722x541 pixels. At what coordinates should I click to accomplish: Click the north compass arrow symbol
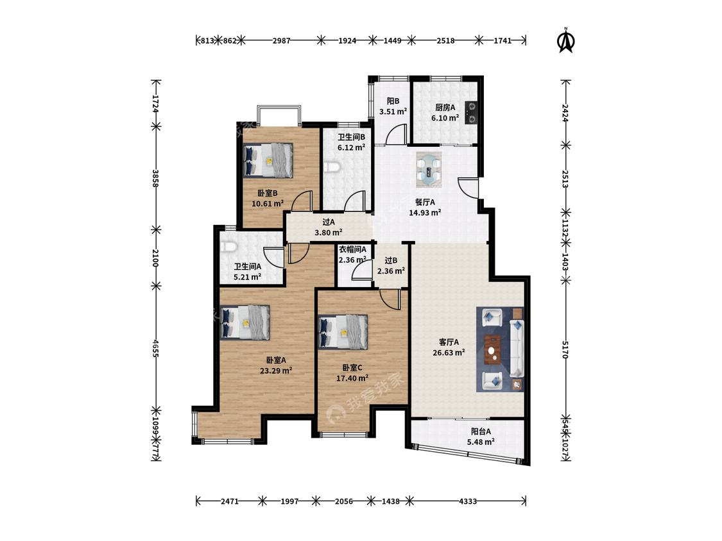pos(566,40)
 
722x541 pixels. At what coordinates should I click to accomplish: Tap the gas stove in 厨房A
pos(471,113)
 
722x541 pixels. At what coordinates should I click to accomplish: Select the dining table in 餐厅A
pos(429,169)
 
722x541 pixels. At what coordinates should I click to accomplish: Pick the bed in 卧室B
pos(268,160)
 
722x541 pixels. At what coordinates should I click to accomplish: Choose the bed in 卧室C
pos(343,332)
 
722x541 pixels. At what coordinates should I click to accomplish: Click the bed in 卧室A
pos(245,322)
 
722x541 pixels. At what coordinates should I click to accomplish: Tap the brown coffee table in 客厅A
pos(492,349)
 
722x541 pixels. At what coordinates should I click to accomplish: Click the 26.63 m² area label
pos(449,353)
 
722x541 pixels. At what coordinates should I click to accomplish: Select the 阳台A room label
pos(481,431)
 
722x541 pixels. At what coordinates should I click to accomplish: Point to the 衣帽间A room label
pos(353,249)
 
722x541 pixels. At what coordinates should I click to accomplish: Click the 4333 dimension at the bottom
pos(468,501)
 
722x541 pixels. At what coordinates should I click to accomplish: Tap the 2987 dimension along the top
pos(281,40)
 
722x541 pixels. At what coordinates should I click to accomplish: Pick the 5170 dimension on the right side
pos(566,349)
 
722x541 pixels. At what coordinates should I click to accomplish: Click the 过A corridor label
pos(329,222)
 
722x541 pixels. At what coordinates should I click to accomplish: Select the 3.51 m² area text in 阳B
pos(393,112)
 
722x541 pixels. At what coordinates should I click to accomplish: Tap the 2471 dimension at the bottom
pos(229,501)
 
